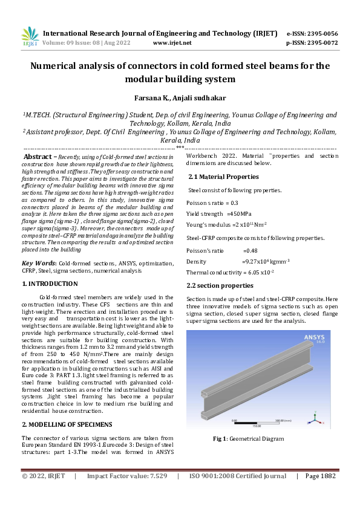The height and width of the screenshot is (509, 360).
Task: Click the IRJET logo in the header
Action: [x=30, y=37]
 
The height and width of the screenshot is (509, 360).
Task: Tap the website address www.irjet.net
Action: [x=172, y=43]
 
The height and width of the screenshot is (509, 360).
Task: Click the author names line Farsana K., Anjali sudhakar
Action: [x=180, y=97]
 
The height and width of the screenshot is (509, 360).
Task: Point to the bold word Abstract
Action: [x=37, y=156]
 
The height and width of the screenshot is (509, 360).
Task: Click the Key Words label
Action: [x=39, y=263]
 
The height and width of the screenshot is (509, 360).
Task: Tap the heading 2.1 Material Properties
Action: [x=223, y=177]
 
